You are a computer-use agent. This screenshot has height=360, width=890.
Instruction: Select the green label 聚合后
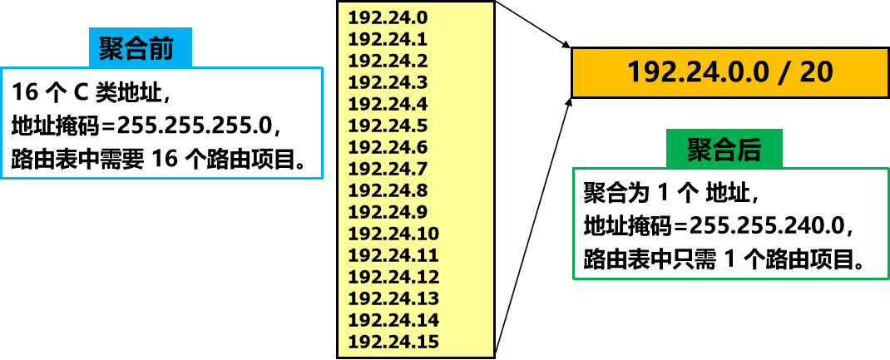click(x=724, y=150)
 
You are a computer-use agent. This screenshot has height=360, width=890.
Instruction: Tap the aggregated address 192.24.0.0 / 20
click(x=729, y=72)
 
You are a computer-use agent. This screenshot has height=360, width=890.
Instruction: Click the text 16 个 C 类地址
click(x=92, y=90)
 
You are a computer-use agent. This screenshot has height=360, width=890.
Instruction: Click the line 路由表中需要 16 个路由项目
click(x=167, y=159)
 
